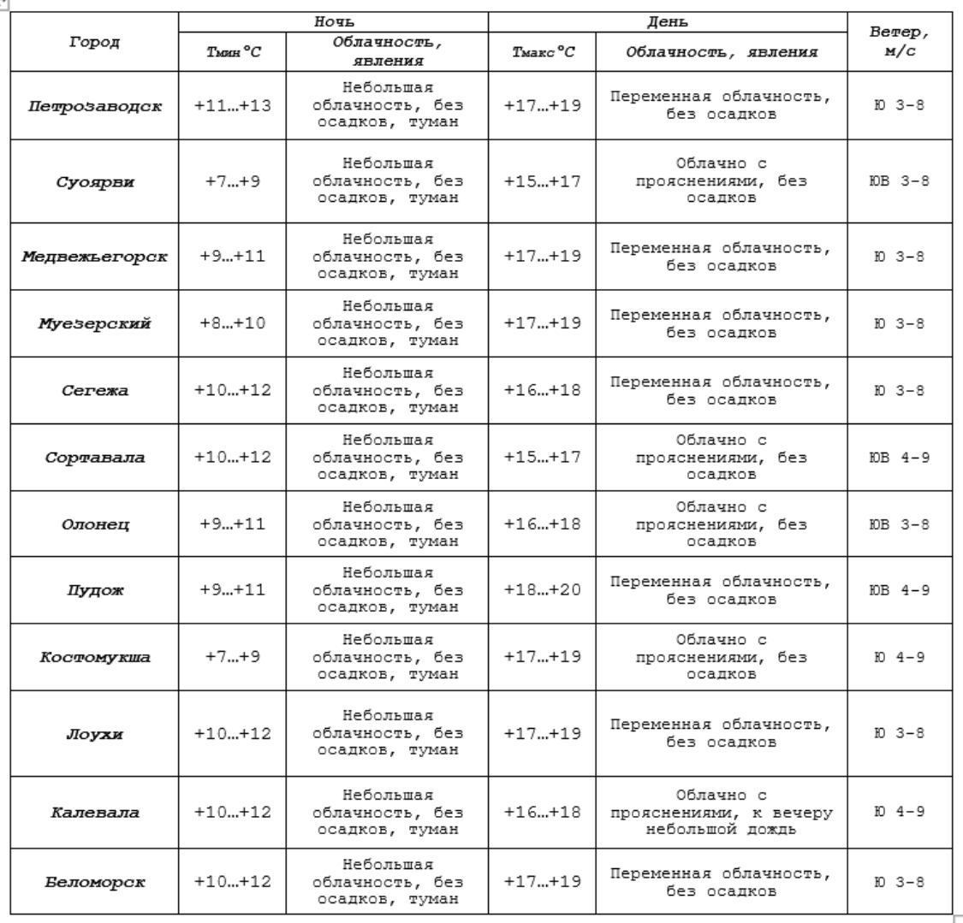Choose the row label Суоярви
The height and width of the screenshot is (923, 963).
point(93,181)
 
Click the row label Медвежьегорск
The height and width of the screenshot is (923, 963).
point(93,257)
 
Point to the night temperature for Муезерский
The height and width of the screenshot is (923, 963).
point(233,324)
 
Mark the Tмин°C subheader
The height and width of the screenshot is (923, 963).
point(233,53)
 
